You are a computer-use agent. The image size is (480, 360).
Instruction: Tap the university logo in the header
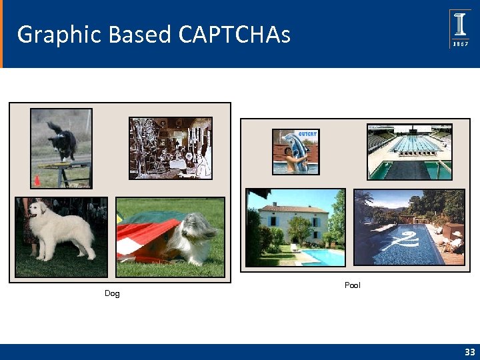click(460, 29)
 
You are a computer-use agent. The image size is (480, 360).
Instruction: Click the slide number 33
click(470, 352)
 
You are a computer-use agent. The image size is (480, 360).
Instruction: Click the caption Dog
click(112, 294)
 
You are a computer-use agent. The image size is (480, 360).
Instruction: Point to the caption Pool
click(352, 285)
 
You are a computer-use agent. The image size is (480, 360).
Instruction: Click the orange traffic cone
click(37, 180)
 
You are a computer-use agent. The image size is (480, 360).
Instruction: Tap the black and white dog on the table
click(63, 141)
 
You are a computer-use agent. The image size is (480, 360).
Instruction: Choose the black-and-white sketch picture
click(170, 148)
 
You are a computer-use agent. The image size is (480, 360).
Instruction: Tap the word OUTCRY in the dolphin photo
click(307, 133)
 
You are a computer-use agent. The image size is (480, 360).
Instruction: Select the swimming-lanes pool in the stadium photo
click(408, 145)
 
